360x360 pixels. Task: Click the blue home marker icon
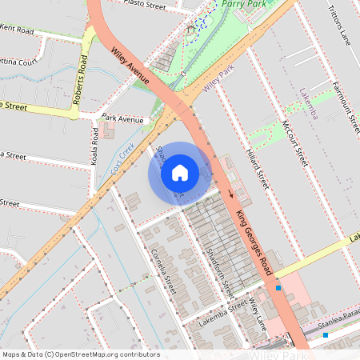(180, 172)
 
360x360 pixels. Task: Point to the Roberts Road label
(82, 76)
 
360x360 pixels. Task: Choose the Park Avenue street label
(122, 120)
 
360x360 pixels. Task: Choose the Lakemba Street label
(224, 310)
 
